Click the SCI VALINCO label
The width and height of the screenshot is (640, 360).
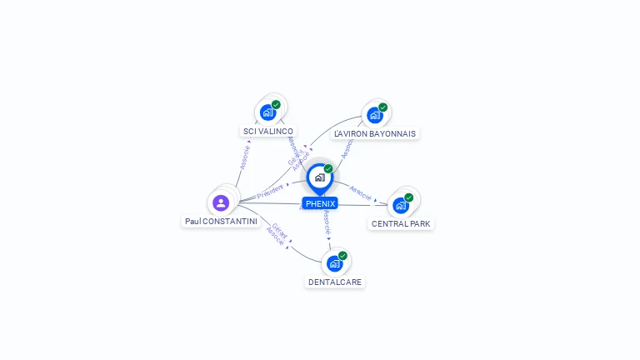coord(267,132)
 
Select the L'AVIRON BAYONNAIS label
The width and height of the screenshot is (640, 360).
coord(374,133)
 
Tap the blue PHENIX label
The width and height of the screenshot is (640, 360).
coord(320,203)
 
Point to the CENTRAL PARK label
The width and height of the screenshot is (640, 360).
coord(401,223)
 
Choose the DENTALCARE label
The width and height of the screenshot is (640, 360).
coord(335,282)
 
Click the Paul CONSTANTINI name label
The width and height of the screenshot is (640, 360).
coord(222,222)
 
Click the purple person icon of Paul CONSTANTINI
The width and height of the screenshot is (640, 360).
coord(221,202)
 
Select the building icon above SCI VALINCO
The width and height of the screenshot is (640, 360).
coord(267,112)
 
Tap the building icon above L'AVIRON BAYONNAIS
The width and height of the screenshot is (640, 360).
coord(374,114)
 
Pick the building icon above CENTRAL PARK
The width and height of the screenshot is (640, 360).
coord(401,204)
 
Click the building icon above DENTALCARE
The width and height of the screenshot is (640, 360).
coord(335,263)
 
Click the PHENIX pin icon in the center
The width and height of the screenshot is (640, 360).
coord(319,177)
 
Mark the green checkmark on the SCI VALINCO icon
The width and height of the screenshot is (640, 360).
coord(276,104)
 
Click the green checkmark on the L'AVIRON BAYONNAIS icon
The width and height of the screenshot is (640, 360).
coord(382,107)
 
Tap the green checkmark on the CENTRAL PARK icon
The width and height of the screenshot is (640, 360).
coord(408,197)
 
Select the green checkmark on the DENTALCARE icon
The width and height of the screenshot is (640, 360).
coord(342,256)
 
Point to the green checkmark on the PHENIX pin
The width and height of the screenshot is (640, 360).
coord(328,169)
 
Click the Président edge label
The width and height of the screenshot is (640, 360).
coord(270,192)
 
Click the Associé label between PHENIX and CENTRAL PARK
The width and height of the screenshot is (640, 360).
coord(360,192)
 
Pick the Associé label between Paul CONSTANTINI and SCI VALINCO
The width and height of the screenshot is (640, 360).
coord(244,157)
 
